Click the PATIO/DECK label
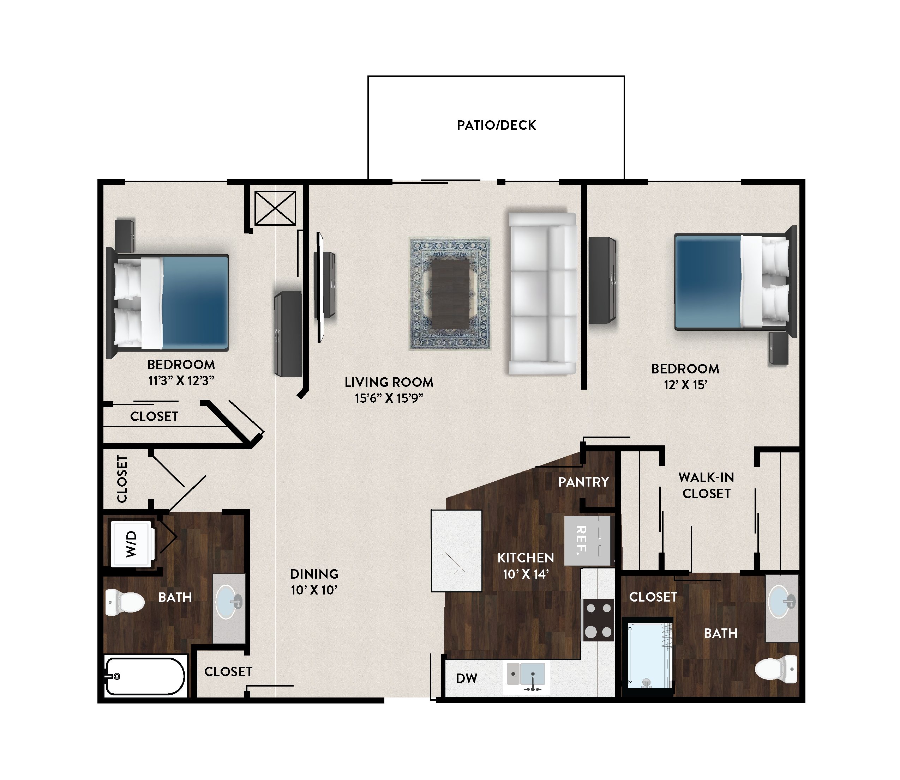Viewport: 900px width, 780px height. coord(496,126)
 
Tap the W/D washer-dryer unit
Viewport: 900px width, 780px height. coord(132,544)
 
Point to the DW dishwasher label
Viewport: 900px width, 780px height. coord(467,678)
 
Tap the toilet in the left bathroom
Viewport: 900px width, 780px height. coord(125,602)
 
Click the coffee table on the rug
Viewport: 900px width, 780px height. coord(450,294)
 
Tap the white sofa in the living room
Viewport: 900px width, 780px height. coord(542,293)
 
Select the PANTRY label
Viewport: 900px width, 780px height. coord(583,482)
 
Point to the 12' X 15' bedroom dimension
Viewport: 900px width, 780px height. coord(686,385)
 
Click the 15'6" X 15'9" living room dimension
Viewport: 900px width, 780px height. coord(389,398)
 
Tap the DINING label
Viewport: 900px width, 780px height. coord(314,574)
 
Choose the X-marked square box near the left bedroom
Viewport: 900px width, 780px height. coord(275,208)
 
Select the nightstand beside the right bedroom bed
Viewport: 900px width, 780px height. coord(779,348)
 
